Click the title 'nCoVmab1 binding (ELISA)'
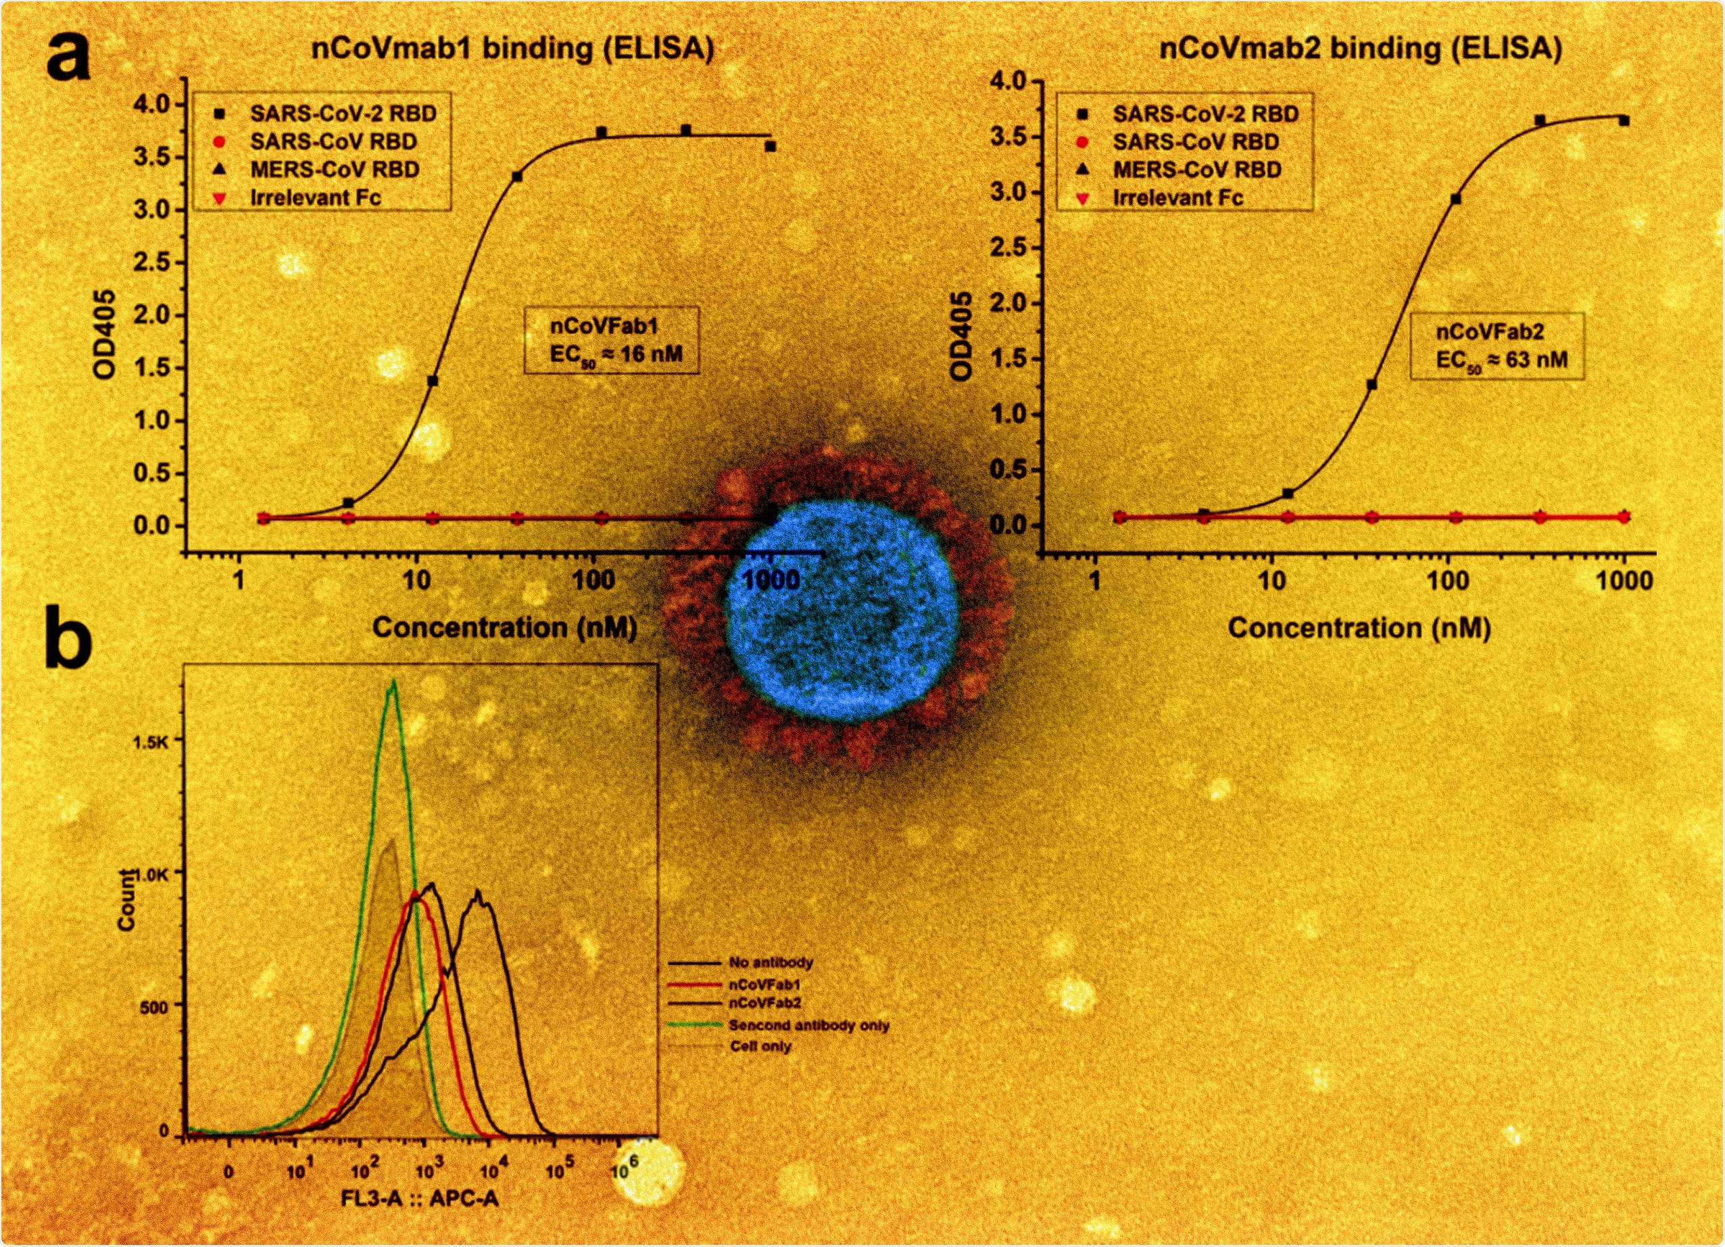[512, 49]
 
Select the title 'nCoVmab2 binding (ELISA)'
[1360, 49]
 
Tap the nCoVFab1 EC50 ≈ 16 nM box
[611, 340]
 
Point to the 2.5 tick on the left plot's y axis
[153, 263]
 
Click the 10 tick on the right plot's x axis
[1271, 582]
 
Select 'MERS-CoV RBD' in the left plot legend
[335, 170]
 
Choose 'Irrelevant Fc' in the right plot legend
[1177, 198]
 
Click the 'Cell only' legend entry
[760, 1046]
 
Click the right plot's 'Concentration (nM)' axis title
[1359, 628]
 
